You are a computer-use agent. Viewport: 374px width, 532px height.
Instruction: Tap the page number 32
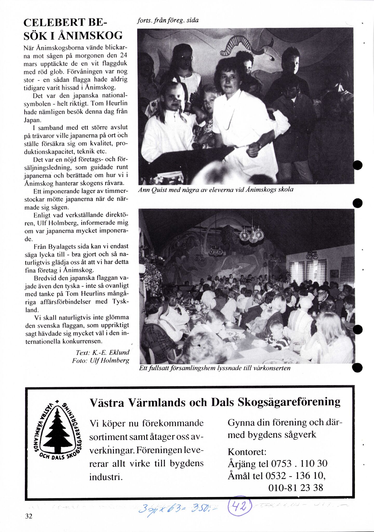pyautogui.click(x=29, y=516)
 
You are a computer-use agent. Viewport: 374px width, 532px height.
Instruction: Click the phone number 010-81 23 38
pyautogui.click(x=296, y=488)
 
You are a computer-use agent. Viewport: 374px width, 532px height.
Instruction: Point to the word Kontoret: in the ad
pyautogui.click(x=247, y=452)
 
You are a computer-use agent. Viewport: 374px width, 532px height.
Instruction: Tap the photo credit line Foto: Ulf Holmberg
pyautogui.click(x=101, y=361)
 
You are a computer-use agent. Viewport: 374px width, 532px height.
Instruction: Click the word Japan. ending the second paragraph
pyautogui.click(x=32, y=120)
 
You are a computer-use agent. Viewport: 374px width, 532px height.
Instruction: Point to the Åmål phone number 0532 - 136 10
pyautogui.click(x=295, y=476)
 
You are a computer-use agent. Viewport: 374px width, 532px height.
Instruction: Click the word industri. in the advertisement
pyautogui.click(x=106, y=477)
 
